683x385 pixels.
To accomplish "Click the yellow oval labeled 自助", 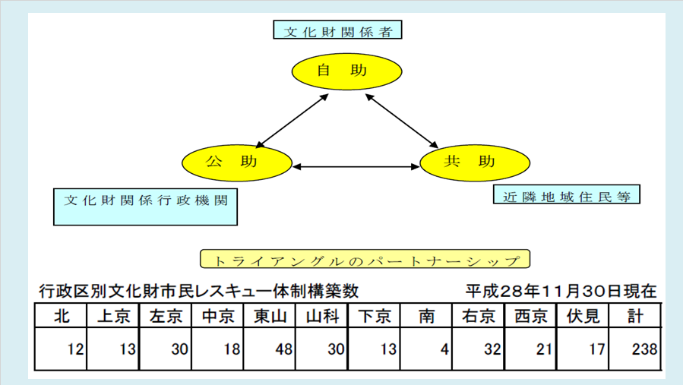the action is pyautogui.click(x=346, y=71).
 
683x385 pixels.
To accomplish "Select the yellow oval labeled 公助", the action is pyautogui.click(x=236, y=163).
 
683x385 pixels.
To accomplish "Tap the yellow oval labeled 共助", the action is pyautogui.click(x=475, y=163).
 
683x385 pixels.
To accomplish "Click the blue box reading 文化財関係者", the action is pyautogui.click(x=337, y=30).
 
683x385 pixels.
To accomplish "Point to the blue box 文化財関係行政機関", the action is pyautogui.click(x=145, y=207).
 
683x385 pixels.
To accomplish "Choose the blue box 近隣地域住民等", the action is pyautogui.click(x=566, y=194).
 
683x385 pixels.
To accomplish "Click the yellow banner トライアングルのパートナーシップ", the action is pyautogui.click(x=365, y=259).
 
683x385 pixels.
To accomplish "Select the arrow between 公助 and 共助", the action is pyautogui.click(x=356, y=166).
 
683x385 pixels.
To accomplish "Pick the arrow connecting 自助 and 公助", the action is pyautogui.click(x=292, y=121).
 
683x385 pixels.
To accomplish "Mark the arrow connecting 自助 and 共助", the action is pyautogui.click(x=402, y=121).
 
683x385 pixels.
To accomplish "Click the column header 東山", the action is pyautogui.click(x=270, y=316).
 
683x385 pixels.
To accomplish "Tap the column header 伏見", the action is pyautogui.click(x=583, y=316).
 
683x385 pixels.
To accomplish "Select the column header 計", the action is pyautogui.click(x=635, y=316).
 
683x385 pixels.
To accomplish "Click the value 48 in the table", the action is pyautogui.click(x=283, y=349).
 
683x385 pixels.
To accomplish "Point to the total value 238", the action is pyautogui.click(x=644, y=349).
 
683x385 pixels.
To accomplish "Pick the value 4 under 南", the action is pyautogui.click(x=444, y=349).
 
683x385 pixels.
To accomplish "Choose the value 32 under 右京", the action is pyautogui.click(x=492, y=349).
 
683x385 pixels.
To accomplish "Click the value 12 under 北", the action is pyautogui.click(x=75, y=349).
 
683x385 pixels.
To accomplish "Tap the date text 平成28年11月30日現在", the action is pyautogui.click(x=561, y=291).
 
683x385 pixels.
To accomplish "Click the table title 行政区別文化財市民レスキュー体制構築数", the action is pyautogui.click(x=198, y=291).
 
